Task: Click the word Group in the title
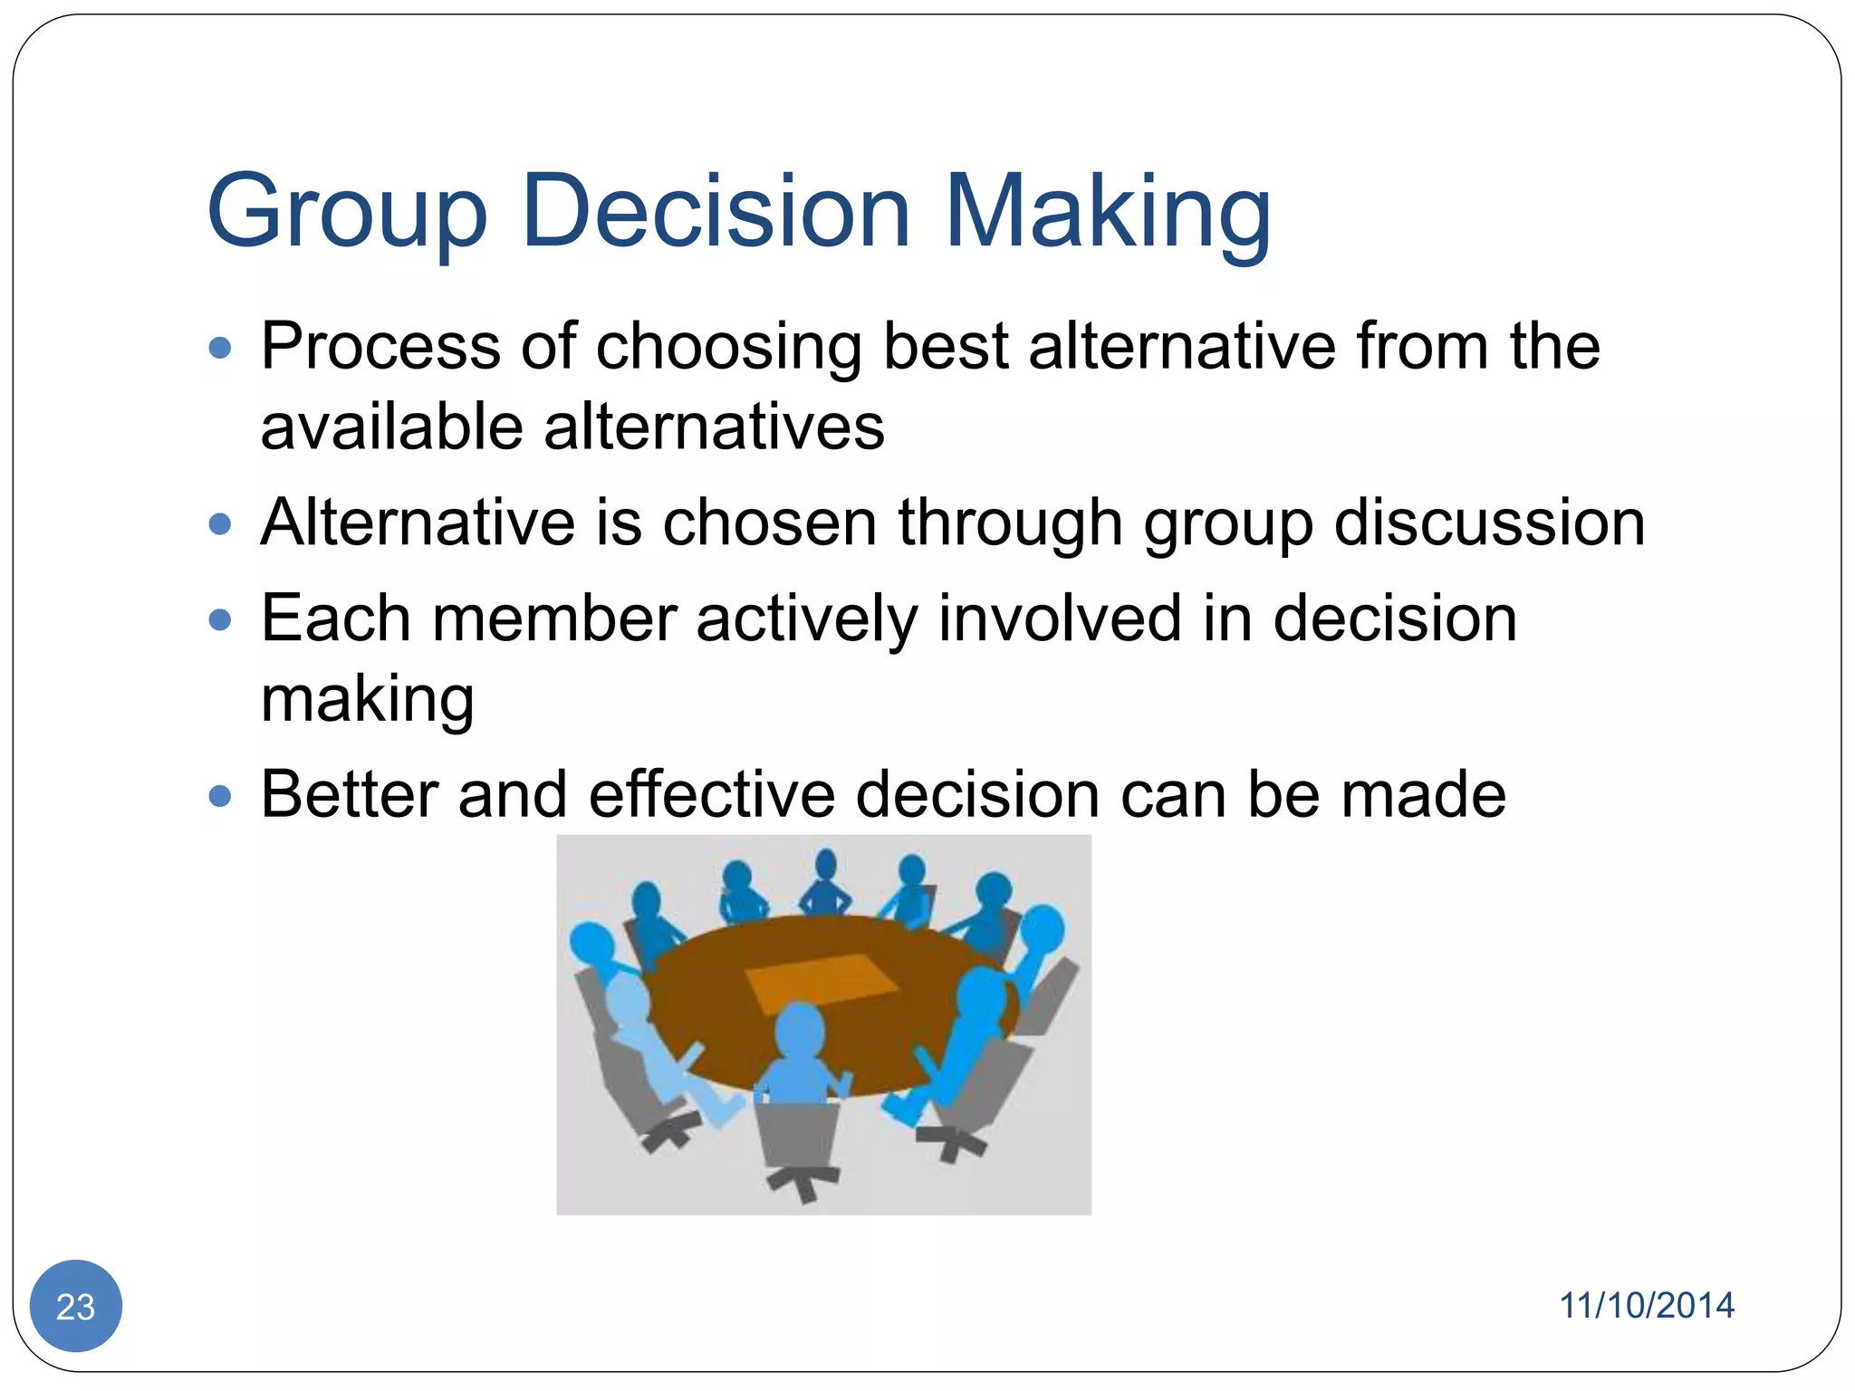pyautogui.click(x=347, y=213)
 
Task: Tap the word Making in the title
pyautogui.click(x=1107, y=213)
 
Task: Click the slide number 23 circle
pyautogui.click(x=76, y=1306)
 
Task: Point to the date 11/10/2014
pyautogui.click(x=1646, y=1305)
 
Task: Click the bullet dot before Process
pyautogui.click(x=220, y=348)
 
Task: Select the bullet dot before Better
pyautogui.click(x=220, y=796)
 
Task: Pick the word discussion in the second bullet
pyautogui.click(x=1489, y=523)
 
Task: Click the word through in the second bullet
pyautogui.click(x=1010, y=523)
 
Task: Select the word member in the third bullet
pyautogui.click(x=554, y=619)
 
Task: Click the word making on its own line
pyautogui.click(x=367, y=701)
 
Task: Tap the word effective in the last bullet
pyautogui.click(x=711, y=794)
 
